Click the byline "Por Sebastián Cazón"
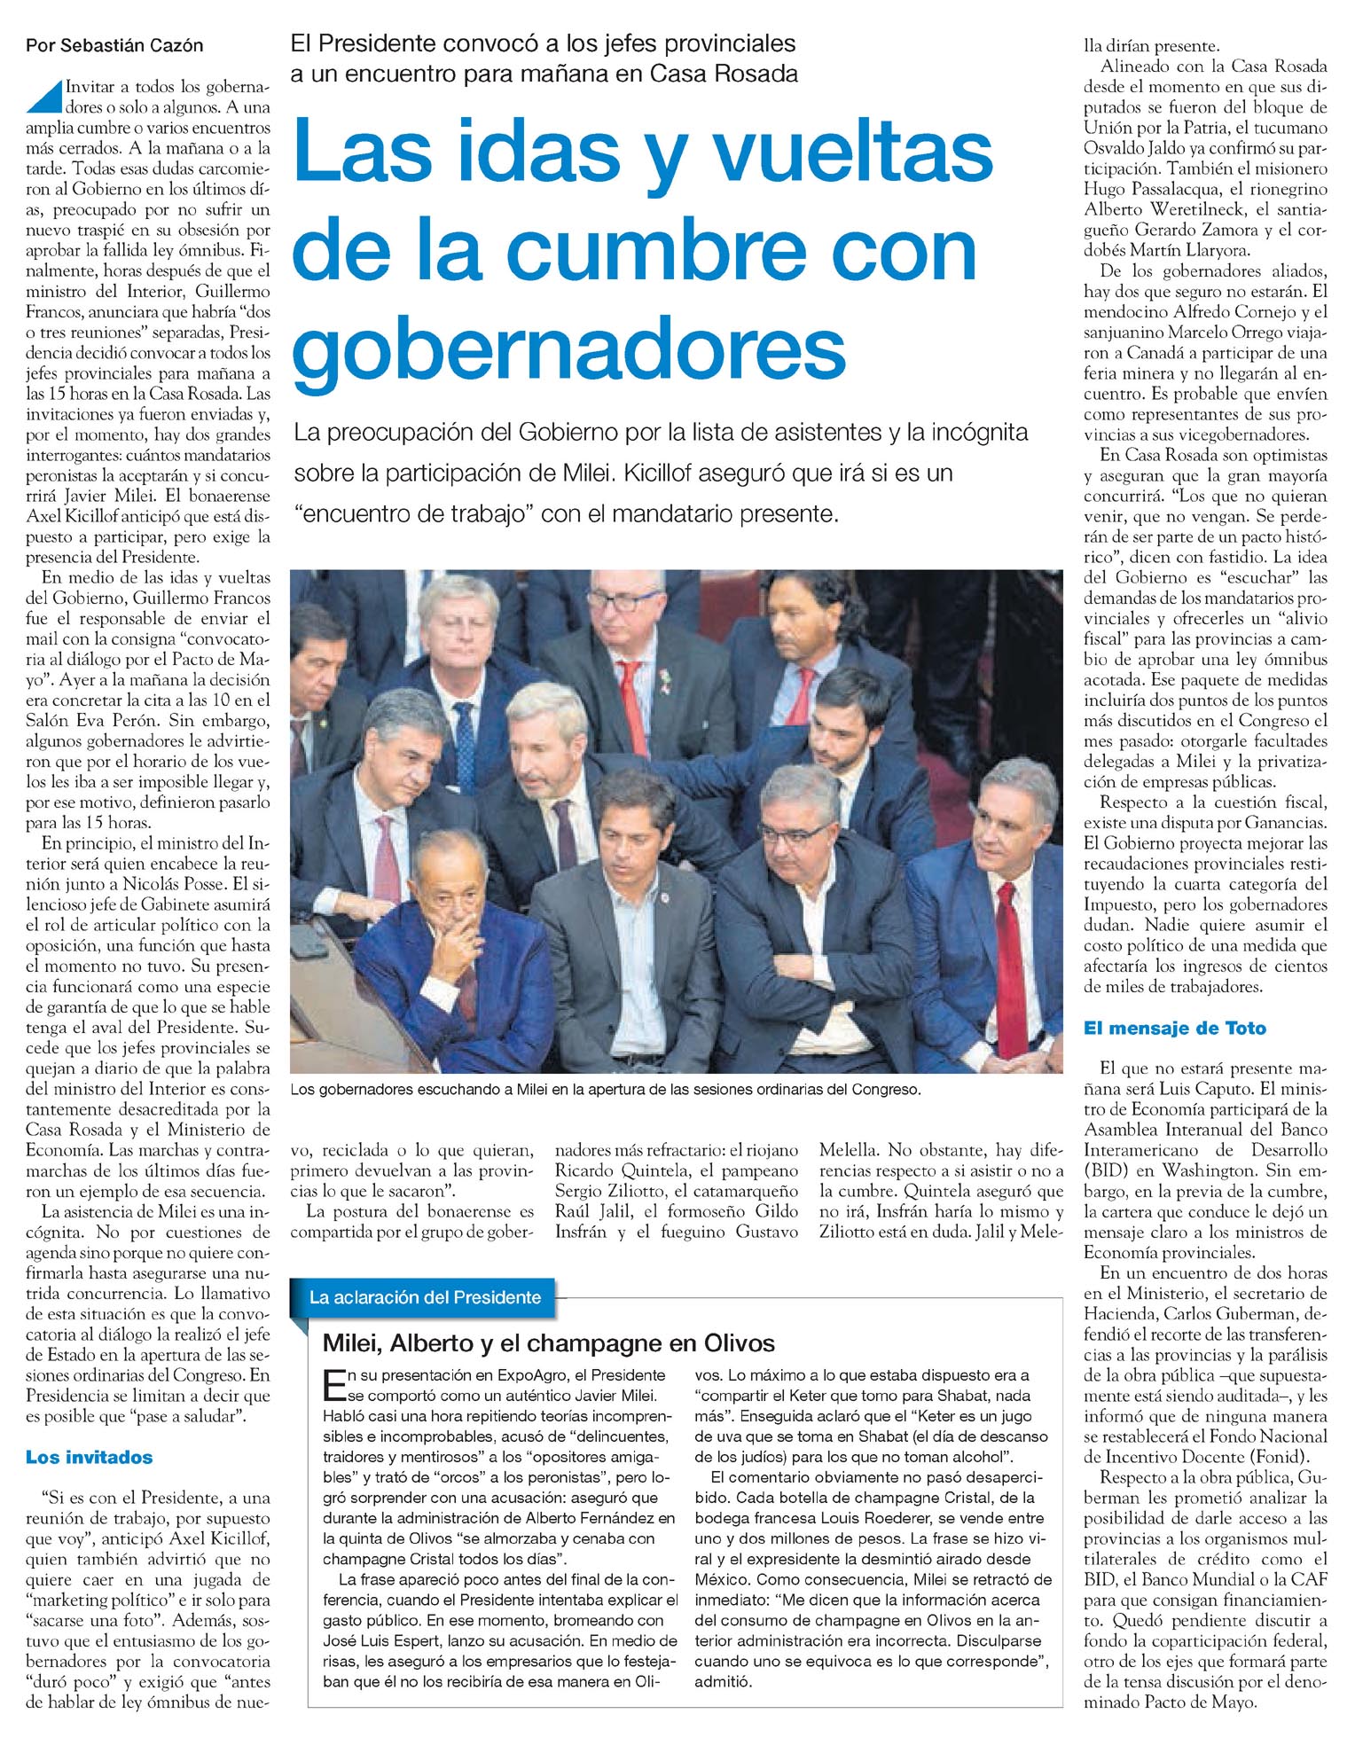[x=114, y=45]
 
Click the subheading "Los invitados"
[x=89, y=1457]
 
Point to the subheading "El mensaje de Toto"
[x=1174, y=1028]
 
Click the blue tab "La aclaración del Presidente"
[x=425, y=1297]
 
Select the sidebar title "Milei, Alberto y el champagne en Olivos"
[x=548, y=1342]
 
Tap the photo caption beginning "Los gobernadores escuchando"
[x=606, y=1089]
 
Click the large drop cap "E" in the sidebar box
[x=333, y=1382]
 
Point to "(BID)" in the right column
[x=1106, y=1170]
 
